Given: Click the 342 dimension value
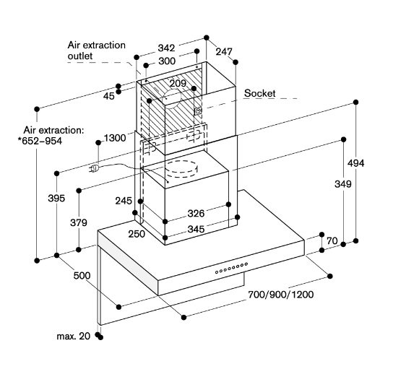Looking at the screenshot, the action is pyautogui.click(x=166, y=48).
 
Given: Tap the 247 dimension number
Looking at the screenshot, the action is pyautogui.click(x=224, y=51).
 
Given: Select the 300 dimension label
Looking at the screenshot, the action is pyautogui.click(x=167, y=61).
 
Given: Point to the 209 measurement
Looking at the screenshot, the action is pyautogui.click(x=178, y=83).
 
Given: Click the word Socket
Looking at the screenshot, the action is pyautogui.click(x=259, y=93).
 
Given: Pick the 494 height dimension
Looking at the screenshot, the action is pyautogui.click(x=355, y=163).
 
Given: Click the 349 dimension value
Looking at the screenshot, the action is pyautogui.click(x=343, y=184).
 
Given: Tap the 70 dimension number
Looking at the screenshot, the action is pyautogui.click(x=332, y=240).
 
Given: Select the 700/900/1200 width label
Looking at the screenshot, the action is pyautogui.click(x=281, y=295).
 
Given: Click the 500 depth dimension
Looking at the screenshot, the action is pyautogui.click(x=82, y=276).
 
